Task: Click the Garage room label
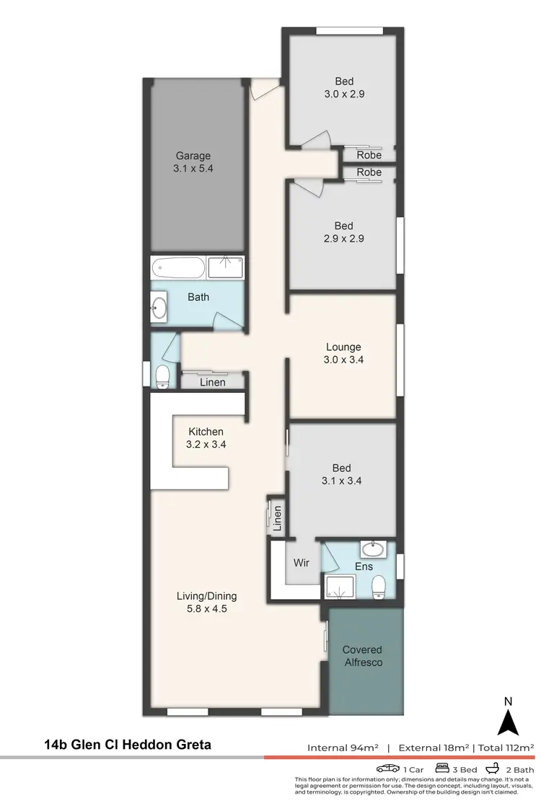(193, 161)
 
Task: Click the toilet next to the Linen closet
(163, 375)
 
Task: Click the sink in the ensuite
(373, 550)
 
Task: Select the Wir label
(302, 562)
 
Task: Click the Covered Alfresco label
(362, 655)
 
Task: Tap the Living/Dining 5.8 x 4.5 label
(207, 602)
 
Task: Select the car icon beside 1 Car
(387, 769)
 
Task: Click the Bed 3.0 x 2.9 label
(343, 87)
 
